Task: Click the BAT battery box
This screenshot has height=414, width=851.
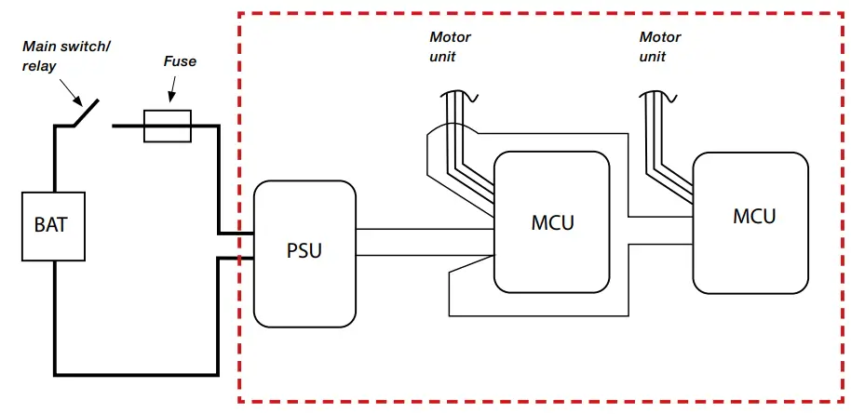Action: [53, 226]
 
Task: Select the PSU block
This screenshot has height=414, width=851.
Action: [304, 253]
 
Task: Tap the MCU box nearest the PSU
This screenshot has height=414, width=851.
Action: [552, 223]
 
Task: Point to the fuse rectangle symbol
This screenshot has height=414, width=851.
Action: [168, 126]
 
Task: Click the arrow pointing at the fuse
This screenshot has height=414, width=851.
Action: [170, 91]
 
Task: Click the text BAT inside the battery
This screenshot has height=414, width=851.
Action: [53, 226]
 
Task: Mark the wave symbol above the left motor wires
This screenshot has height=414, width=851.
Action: [458, 95]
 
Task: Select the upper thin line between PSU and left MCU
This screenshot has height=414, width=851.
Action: [424, 229]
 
